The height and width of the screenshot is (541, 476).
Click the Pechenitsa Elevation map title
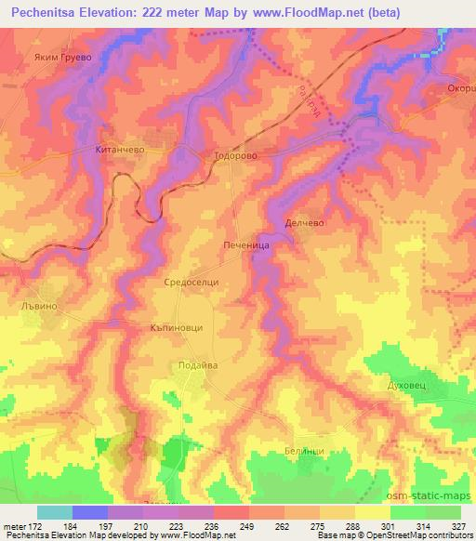237,13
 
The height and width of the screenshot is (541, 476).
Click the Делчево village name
303,224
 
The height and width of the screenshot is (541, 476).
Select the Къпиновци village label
176,328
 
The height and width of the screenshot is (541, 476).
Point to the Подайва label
198,365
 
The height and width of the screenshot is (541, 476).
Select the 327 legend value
458,525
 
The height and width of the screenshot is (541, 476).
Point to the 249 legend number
245,525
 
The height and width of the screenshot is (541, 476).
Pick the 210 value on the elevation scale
140,525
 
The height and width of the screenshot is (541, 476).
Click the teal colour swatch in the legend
55,511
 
